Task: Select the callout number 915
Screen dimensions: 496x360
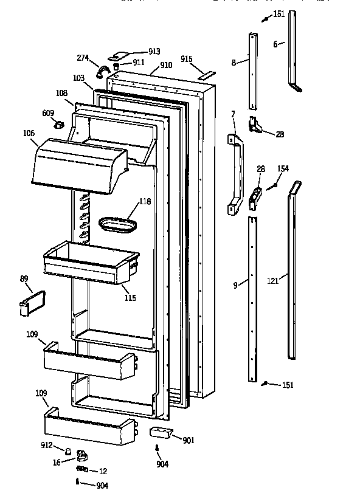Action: point(186,59)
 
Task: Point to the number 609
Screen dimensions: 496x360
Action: point(48,113)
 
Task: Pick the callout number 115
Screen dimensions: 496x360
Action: point(130,298)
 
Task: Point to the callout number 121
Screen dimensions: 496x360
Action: point(272,280)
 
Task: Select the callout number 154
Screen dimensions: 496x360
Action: point(283,168)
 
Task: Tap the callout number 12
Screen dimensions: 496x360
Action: point(103,470)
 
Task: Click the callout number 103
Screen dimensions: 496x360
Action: point(78,79)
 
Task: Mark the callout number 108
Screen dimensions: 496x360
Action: point(61,94)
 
